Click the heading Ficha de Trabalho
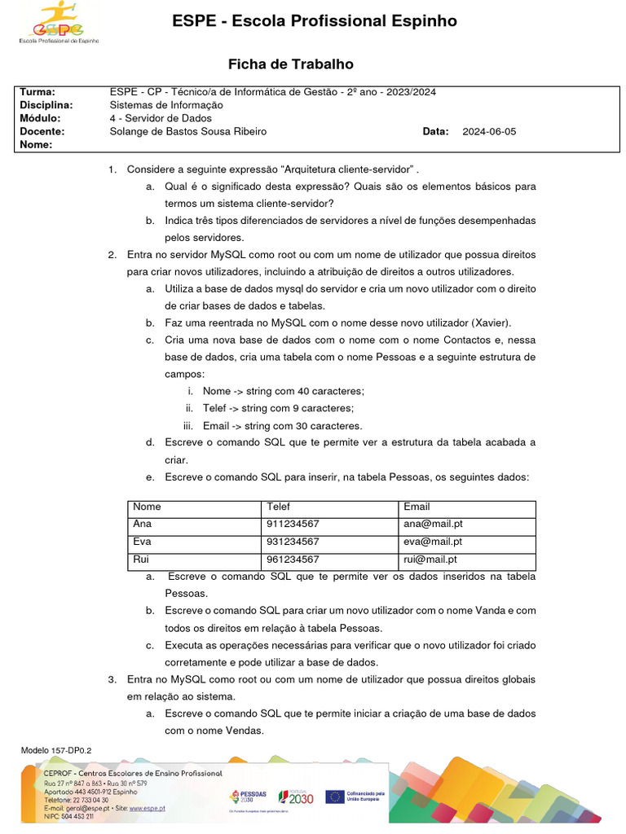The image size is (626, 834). click(x=290, y=64)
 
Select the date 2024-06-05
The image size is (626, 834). click(x=489, y=131)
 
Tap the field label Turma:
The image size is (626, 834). click(x=37, y=92)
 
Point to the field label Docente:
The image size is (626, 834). click(x=42, y=131)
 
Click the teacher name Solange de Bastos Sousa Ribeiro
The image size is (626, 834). click(x=187, y=131)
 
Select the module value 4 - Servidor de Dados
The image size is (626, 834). click(x=161, y=118)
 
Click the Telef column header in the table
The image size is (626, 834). click(x=278, y=507)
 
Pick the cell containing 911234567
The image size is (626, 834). click(x=293, y=525)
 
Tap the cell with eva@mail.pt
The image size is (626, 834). click(x=433, y=542)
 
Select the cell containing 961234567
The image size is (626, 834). click(x=293, y=560)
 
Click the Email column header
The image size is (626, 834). click(x=417, y=507)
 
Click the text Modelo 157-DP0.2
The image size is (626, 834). click(x=56, y=749)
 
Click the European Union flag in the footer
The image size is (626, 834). click(x=334, y=797)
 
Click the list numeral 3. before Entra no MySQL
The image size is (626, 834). click(x=112, y=678)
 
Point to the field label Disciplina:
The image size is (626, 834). click(x=46, y=105)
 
